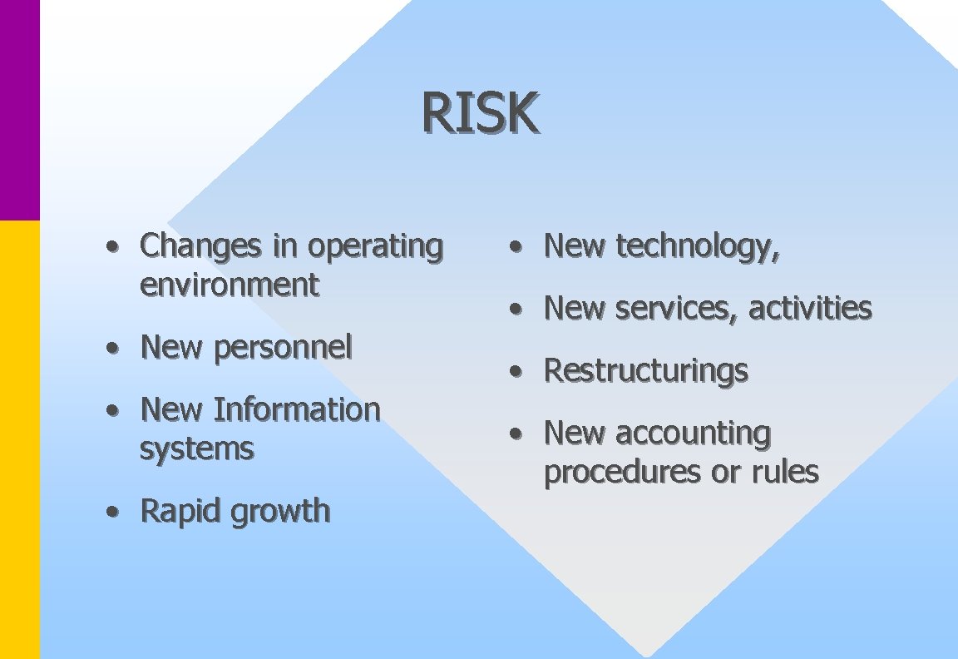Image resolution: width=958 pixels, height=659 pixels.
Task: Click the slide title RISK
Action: coord(481,113)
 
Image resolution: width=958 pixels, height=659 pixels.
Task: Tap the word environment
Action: coord(229,285)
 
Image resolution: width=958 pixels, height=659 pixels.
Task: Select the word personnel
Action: coord(283,347)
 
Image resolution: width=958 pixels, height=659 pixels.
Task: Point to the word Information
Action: coord(297,409)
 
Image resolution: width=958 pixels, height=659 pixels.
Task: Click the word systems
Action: coord(196,449)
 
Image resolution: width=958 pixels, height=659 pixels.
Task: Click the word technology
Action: coord(697,246)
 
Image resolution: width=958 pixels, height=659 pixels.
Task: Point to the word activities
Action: coord(810,309)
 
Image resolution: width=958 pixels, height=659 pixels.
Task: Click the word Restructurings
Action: coord(645,370)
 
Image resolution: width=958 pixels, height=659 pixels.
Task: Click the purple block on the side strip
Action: coord(19,108)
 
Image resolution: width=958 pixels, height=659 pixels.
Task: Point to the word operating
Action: coord(375,246)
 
